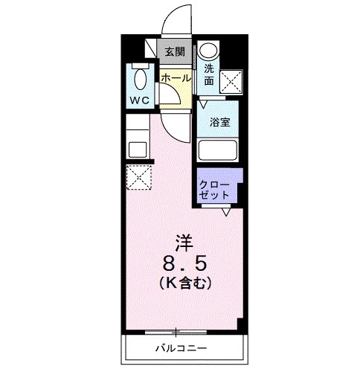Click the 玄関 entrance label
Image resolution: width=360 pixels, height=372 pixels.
click(x=174, y=52)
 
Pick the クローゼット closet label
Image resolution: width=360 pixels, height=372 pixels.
click(x=214, y=186)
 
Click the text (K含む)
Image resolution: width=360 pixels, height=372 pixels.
click(x=184, y=283)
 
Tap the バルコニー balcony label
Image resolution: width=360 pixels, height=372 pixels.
click(x=181, y=348)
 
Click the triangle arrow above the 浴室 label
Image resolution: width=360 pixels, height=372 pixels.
click(x=202, y=106)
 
